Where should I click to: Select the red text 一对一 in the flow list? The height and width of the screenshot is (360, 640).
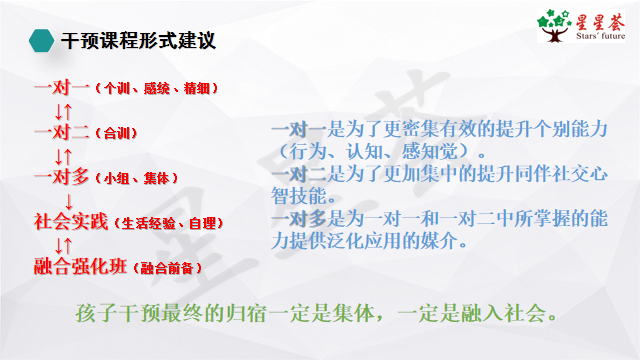point(62,87)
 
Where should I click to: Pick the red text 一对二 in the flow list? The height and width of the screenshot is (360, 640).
point(62,131)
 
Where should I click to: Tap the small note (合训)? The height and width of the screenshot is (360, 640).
point(116,132)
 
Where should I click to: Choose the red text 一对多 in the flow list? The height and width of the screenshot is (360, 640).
point(62,176)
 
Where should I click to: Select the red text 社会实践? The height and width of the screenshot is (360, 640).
point(71,221)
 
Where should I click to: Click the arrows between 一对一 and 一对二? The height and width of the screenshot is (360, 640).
point(64,109)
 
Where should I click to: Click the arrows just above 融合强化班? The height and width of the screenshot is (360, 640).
point(64,244)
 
